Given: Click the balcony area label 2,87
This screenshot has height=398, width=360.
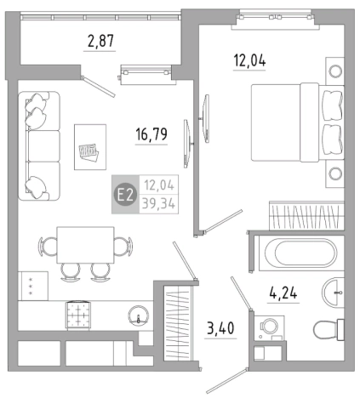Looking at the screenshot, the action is pyautogui.click(x=100, y=41).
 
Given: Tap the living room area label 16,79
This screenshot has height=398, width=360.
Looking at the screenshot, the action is pyautogui.click(x=151, y=134).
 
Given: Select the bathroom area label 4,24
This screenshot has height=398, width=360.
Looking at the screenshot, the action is pyautogui.click(x=283, y=293).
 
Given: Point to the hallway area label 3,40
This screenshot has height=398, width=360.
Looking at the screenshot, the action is pyautogui.click(x=220, y=328).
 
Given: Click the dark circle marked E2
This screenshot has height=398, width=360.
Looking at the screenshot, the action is pyautogui.click(x=125, y=195).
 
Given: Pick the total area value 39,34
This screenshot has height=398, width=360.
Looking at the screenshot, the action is pyautogui.click(x=158, y=203).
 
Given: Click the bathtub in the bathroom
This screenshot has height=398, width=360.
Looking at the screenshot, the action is pyautogui.click(x=301, y=253).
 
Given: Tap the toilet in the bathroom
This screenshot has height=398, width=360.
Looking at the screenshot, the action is pyautogui.click(x=329, y=330).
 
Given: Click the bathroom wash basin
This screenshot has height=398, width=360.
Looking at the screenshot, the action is pyautogui.click(x=333, y=292).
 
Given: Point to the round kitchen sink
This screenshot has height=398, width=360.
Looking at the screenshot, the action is pyautogui.click(x=139, y=316).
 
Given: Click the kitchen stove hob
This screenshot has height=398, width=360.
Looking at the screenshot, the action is pyautogui.click(x=78, y=316).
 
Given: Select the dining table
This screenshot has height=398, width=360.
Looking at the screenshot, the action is pyautogui.click(x=85, y=245).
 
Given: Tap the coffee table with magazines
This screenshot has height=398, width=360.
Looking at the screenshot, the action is pyautogui.click(x=90, y=147).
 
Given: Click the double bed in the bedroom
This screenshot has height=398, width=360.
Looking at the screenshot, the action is pyautogui.click(x=297, y=122).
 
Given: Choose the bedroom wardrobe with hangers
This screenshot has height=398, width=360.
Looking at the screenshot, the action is pyautogui.click(x=306, y=215).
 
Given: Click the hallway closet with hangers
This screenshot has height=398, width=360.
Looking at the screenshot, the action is pyautogui.click(x=178, y=323).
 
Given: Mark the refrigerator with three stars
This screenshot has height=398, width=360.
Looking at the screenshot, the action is pyautogui.click(x=33, y=286).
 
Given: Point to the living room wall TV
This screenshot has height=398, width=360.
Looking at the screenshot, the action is pyautogui.click(x=186, y=144).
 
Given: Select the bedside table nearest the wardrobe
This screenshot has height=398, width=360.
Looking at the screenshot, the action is pyautogui.click(x=335, y=173).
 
